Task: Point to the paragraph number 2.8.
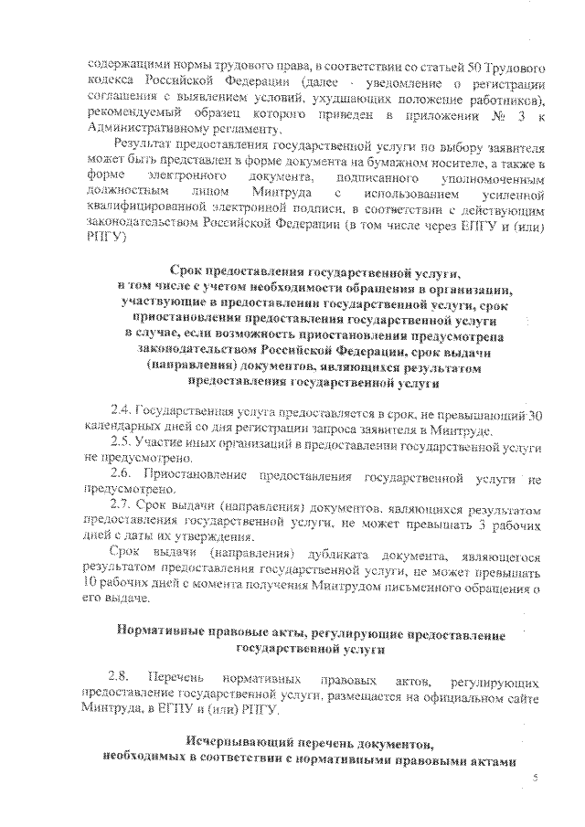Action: point(121,681)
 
